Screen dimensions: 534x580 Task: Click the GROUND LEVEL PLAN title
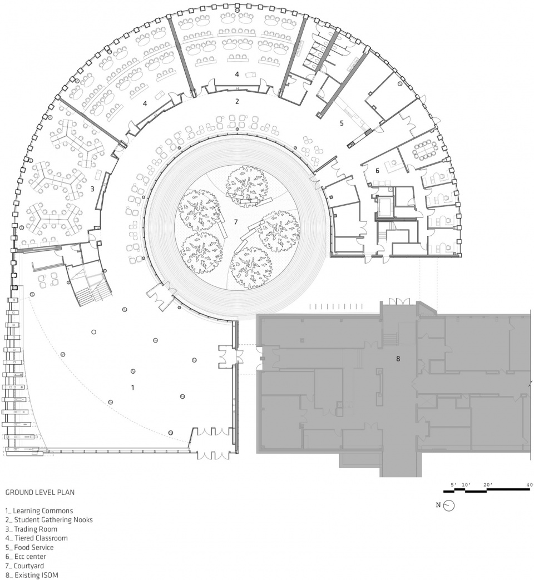[x=40, y=492]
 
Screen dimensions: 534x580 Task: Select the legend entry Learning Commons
[x=39, y=511]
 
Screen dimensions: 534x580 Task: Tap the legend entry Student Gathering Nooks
[x=49, y=520]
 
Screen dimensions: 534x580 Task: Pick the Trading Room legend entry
[x=32, y=529]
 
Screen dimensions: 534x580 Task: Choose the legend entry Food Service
[x=29, y=547]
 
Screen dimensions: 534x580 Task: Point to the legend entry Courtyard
[x=24, y=566]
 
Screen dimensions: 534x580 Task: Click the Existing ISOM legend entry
[x=32, y=575]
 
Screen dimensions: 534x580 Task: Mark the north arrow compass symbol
[x=449, y=505]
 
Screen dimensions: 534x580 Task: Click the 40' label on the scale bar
[x=530, y=484]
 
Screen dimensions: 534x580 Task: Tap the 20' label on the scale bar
[x=487, y=484]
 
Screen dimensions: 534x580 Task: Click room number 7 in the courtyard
[x=235, y=222]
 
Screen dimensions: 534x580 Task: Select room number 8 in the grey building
[x=398, y=359]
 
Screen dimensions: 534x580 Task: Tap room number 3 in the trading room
[x=92, y=189]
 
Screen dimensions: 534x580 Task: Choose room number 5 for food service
[x=342, y=123]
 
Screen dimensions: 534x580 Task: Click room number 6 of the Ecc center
[x=377, y=171]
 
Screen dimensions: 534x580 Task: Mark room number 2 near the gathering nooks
[x=237, y=101]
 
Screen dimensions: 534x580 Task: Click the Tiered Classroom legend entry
[x=37, y=538]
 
